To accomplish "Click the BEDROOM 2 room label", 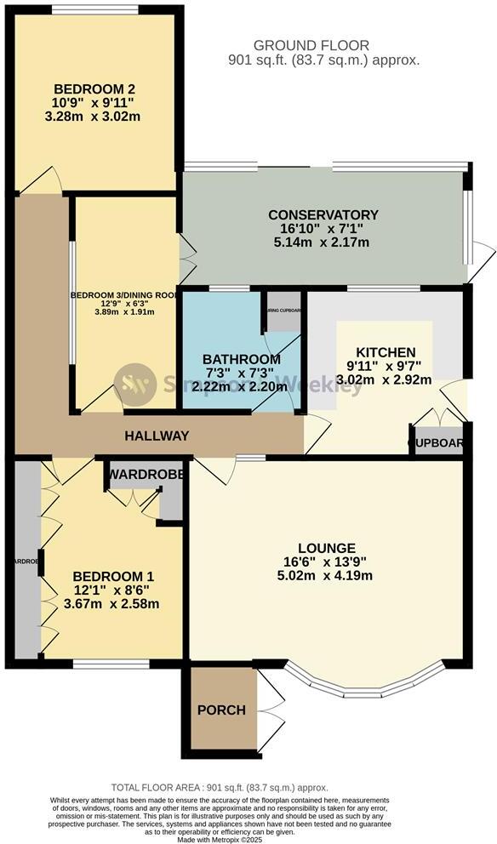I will pos(95,89).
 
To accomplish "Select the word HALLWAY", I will pos(157,436).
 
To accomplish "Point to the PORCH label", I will pos(221,710).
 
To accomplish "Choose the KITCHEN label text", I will pos(386,352).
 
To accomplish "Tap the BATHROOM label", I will pos(241,359).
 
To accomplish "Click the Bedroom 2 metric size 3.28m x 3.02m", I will pos(95,117).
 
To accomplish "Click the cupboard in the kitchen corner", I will pos(437,442).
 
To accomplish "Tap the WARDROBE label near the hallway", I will pos(144,475).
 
